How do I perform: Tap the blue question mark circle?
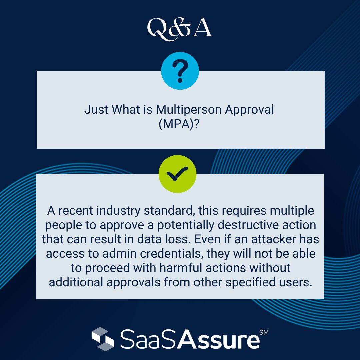click(180, 71)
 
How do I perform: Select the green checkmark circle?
click(177, 174)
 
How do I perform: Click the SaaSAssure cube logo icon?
click(103, 339)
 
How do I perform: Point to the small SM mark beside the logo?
click(264, 333)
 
